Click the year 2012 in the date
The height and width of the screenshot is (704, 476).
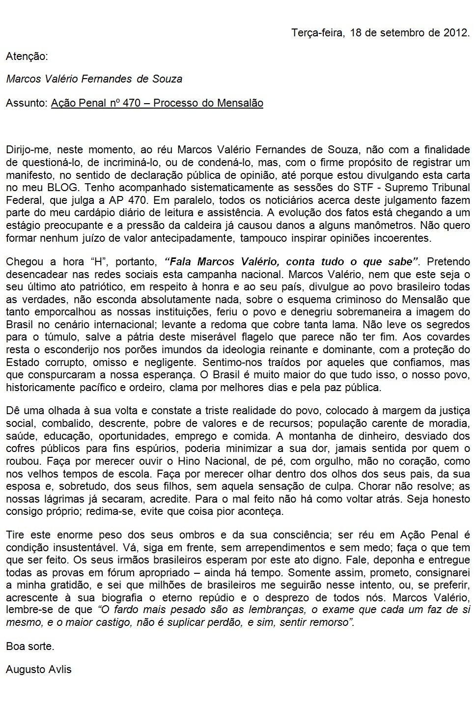pyautogui.click(x=455, y=33)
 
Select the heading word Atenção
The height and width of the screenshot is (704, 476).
pyautogui.click(x=27, y=56)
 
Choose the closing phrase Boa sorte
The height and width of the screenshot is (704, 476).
pyautogui.click(x=30, y=647)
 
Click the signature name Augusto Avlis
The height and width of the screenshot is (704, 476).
pyautogui.click(x=39, y=669)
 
